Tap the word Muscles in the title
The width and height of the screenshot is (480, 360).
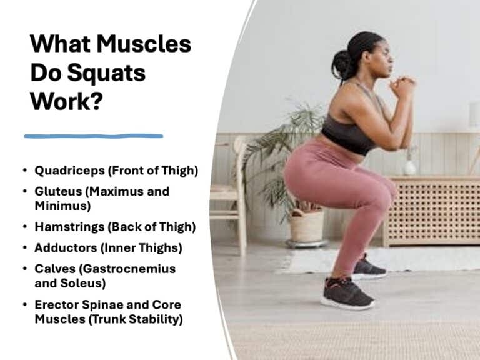click(147, 45)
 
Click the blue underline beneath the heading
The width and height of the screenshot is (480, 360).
click(94, 136)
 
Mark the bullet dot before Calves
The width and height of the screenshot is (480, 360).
click(24, 269)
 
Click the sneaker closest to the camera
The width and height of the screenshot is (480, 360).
click(347, 293)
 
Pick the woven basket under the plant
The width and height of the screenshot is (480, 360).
click(306, 225)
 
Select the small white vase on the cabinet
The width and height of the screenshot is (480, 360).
click(409, 167)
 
